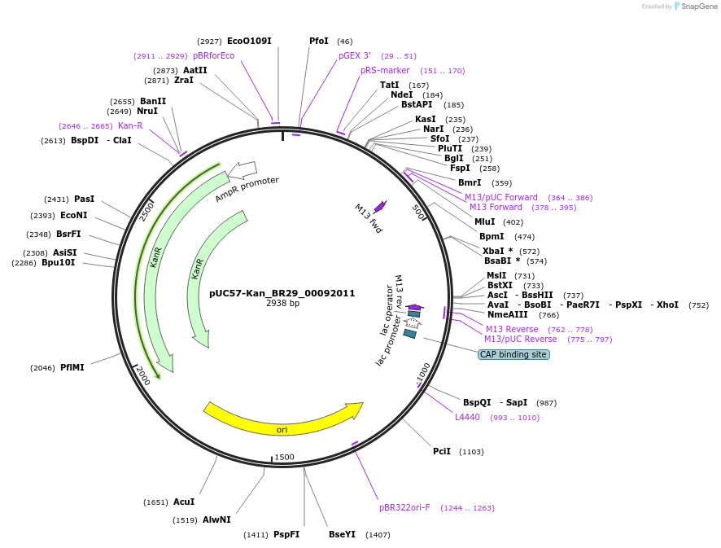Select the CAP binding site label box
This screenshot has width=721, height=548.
[x=513, y=354]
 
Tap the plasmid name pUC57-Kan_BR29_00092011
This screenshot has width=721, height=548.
[x=282, y=293]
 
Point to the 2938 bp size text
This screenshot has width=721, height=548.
[x=282, y=304]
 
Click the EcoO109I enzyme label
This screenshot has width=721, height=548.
[x=249, y=41]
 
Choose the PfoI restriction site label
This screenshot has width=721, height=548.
[x=319, y=41]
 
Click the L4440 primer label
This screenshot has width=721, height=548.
[x=467, y=417]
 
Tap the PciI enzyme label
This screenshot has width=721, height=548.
[x=442, y=451]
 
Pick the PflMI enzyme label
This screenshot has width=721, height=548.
[x=72, y=367]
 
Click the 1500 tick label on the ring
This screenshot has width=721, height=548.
[x=284, y=457]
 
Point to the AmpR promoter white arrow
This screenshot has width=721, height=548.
[x=242, y=170]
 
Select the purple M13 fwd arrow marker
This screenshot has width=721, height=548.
[x=379, y=207]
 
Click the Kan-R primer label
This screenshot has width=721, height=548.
[x=130, y=125]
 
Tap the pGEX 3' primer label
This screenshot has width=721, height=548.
[x=355, y=55]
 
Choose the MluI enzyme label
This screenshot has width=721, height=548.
[x=486, y=221]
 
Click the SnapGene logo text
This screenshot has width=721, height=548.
[x=698, y=7]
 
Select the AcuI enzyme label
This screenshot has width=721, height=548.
[x=184, y=502]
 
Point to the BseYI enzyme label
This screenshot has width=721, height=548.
[x=342, y=534]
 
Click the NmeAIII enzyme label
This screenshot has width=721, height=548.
[x=508, y=314]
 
